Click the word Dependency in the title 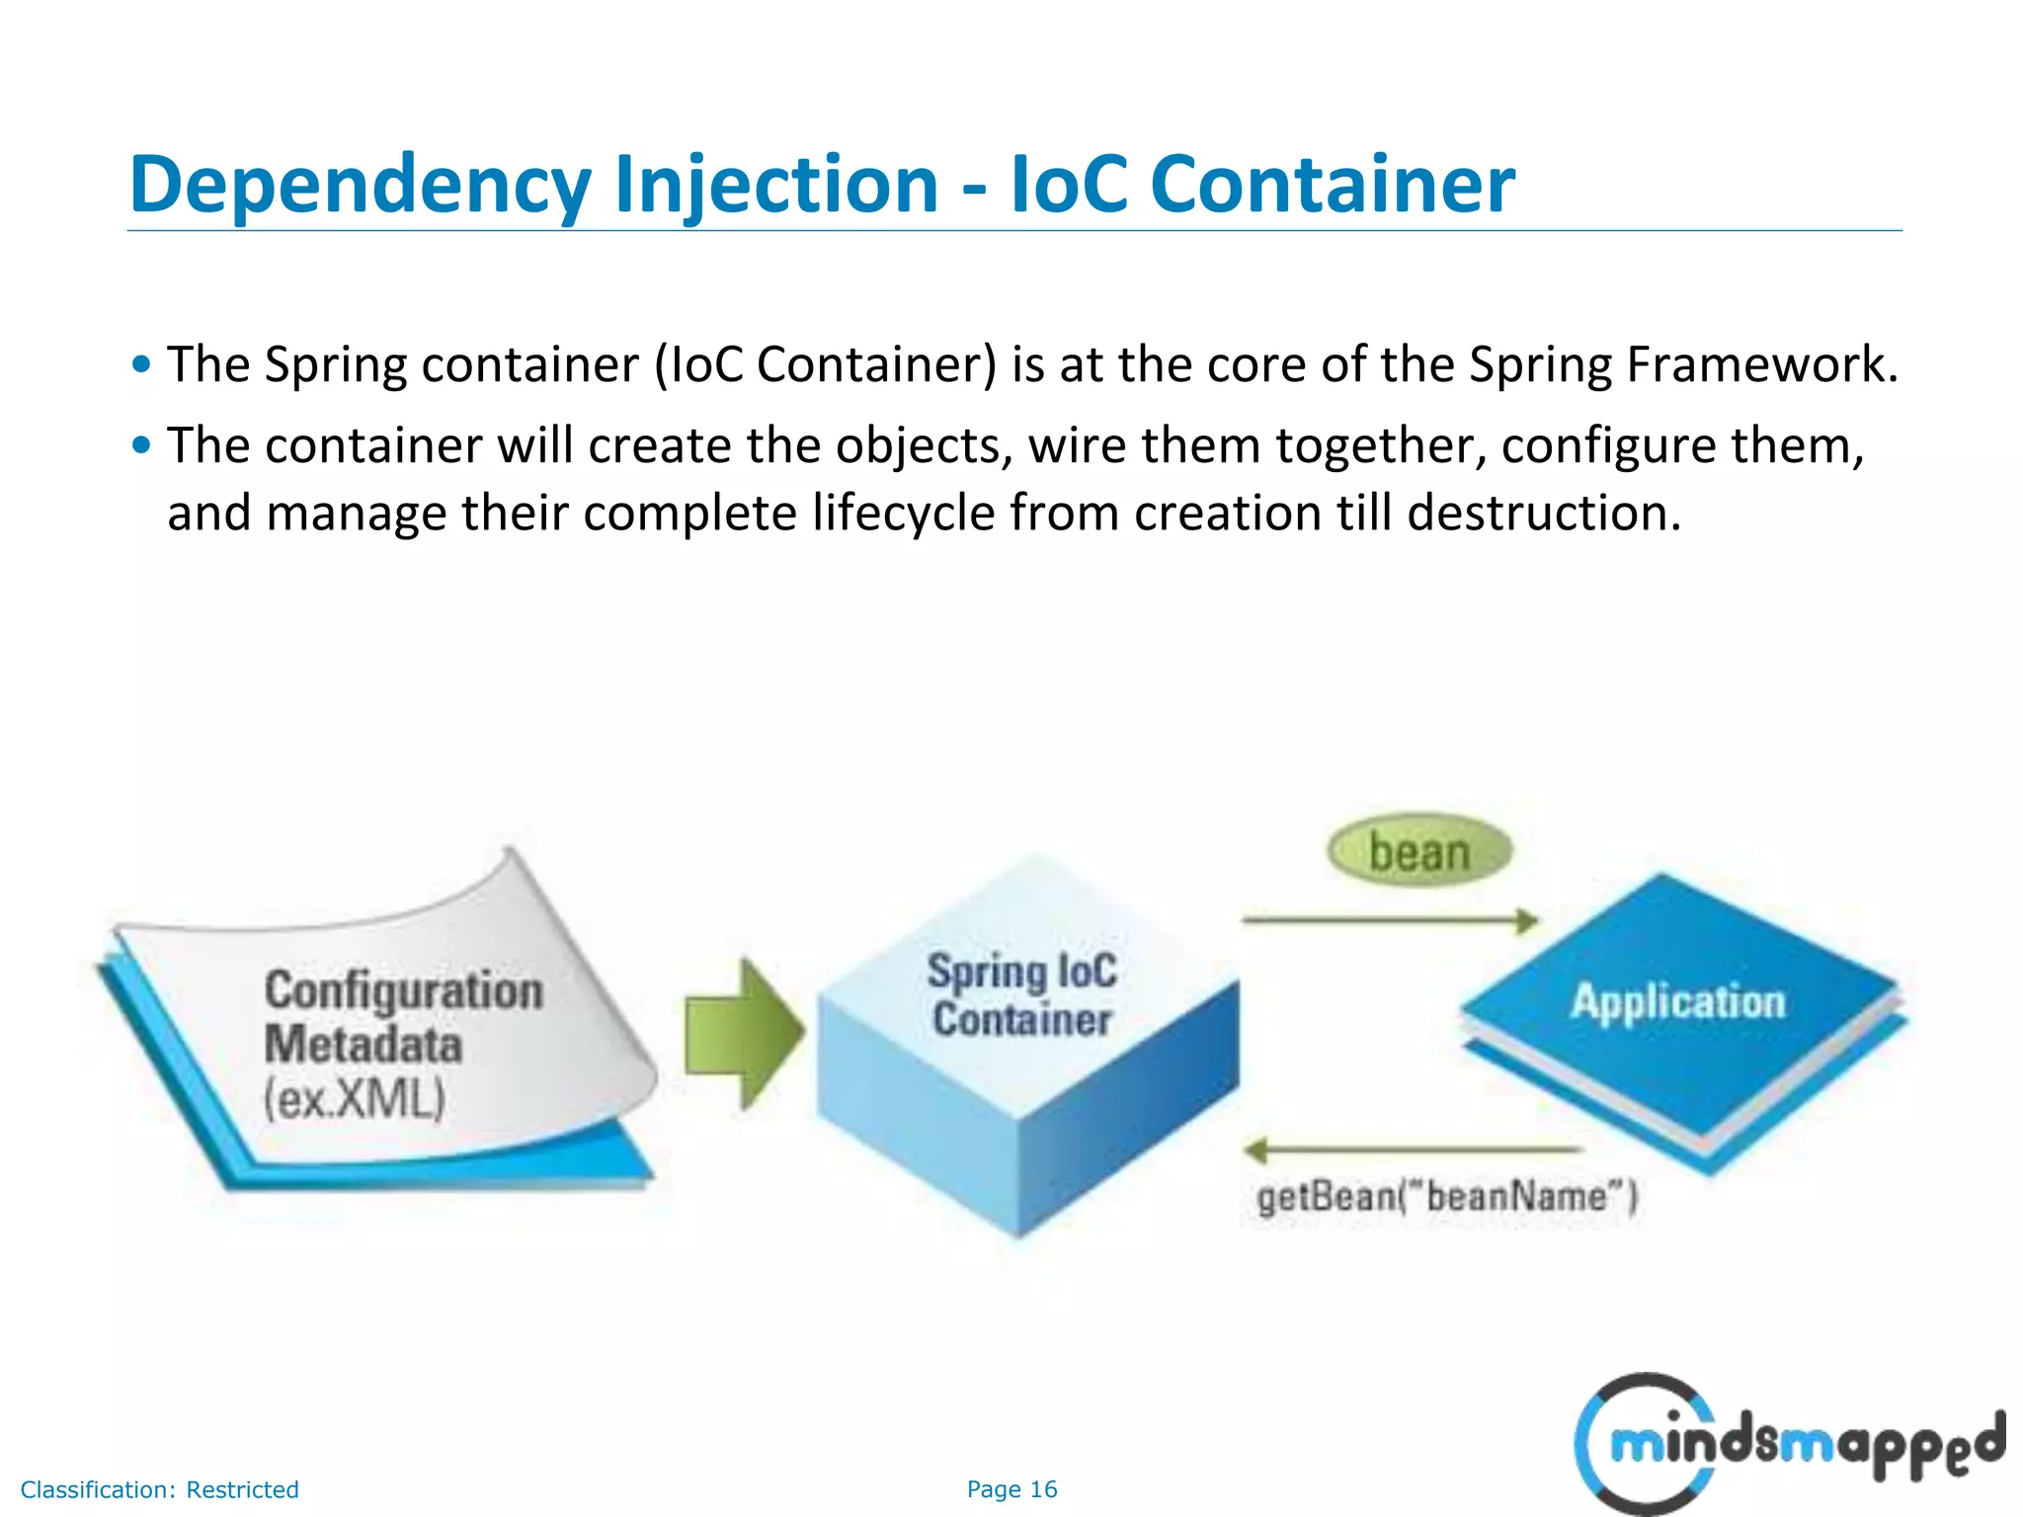point(361,186)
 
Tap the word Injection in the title point(775,186)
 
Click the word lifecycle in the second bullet point(903,513)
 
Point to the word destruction point(1543,513)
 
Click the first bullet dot point(142,364)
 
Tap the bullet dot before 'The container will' point(142,445)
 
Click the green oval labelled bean point(1419,850)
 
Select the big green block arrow point(744,1033)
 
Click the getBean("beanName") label point(1446,1197)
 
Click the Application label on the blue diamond point(1678,1001)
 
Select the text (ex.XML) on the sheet point(355,1098)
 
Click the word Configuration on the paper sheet point(403,991)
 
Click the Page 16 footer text point(1011,1489)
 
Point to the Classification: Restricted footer point(159,1489)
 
